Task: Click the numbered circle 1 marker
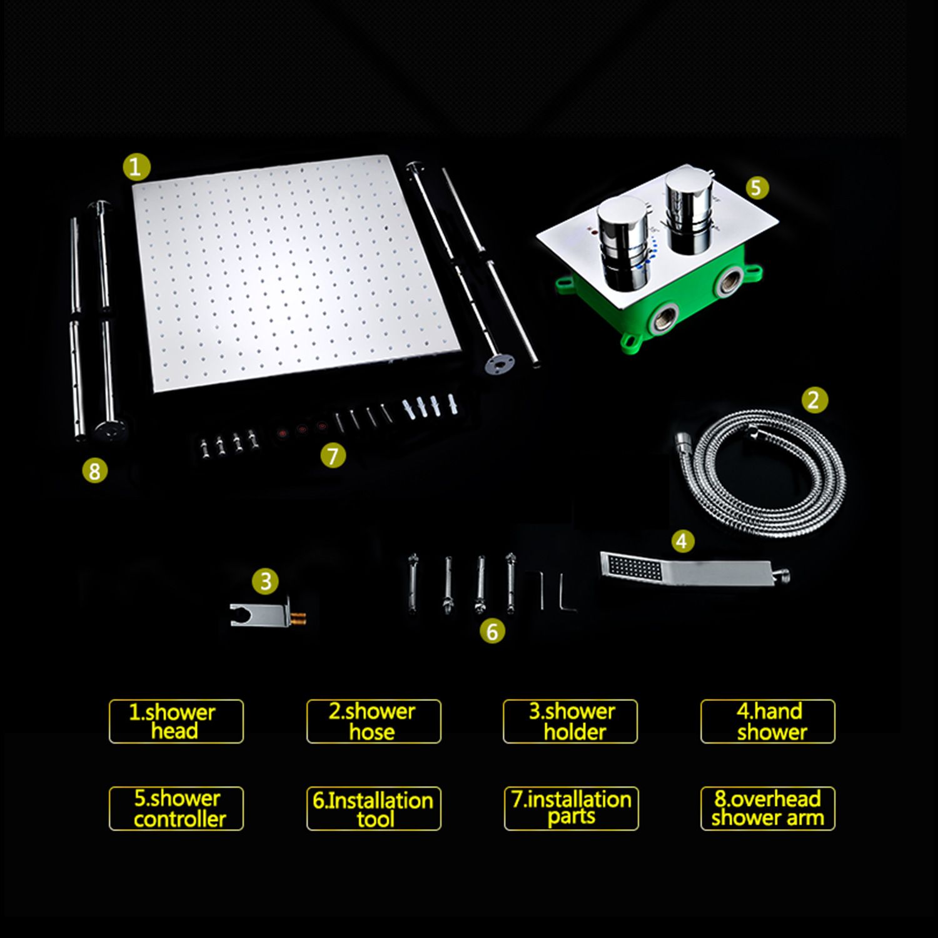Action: [x=136, y=168]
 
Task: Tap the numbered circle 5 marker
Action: [x=756, y=188]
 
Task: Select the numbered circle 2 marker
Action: [x=814, y=400]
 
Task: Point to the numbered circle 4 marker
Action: [x=682, y=541]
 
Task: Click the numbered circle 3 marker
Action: [x=265, y=582]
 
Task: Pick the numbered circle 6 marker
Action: [x=492, y=631]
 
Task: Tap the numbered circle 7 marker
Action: [x=333, y=455]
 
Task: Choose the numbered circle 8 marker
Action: [x=95, y=470]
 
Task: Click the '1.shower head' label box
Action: [x=176, y=721]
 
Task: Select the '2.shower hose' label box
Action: [x=373, y=721]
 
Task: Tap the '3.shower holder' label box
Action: [x=570, y=721]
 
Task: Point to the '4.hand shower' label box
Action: [x=768, y=721]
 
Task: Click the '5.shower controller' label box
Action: [x=176, y=809]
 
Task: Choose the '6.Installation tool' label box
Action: [x=373, y=809]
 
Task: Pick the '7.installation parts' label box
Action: [x=571, y=809]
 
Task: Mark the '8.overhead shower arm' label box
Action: [x=768, y=809]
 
